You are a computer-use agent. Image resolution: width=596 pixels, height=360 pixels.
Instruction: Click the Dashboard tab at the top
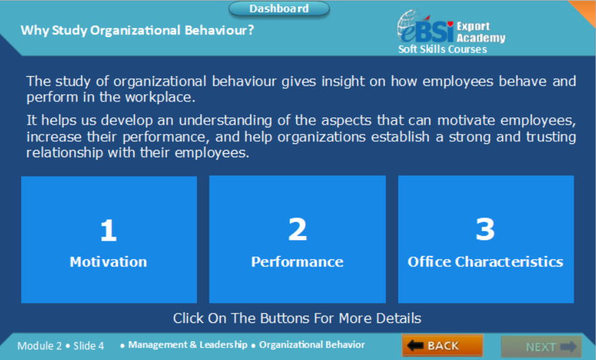(279, 9)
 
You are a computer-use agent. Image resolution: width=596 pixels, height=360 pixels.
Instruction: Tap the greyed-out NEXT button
(540, 346)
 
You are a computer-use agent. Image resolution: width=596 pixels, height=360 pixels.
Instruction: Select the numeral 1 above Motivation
(108, 230)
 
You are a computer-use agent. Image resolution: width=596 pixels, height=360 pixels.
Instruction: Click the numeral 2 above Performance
(297, 229)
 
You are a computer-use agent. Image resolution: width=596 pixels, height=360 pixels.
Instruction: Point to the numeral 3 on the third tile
(485, 229)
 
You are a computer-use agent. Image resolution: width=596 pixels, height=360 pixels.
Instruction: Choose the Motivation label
(108, 261)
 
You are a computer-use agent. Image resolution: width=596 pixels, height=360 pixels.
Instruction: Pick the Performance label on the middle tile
(297, 261)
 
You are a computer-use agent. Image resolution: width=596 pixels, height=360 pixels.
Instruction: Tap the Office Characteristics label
(485, 261)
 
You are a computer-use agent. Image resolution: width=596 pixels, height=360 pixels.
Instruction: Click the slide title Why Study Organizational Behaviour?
(137, 30)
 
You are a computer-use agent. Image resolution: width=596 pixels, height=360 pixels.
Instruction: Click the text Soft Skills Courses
(442, 49)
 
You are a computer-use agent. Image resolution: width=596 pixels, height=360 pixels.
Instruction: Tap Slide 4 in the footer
(89, 345)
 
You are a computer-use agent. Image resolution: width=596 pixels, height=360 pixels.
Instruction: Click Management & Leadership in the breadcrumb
(188, 345)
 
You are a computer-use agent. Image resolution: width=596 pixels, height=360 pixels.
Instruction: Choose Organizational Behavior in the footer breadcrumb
(312, 345)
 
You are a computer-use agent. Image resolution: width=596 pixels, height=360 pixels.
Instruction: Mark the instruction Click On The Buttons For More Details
(297, 318)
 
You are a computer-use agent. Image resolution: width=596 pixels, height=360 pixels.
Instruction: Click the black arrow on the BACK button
(415, 345)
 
